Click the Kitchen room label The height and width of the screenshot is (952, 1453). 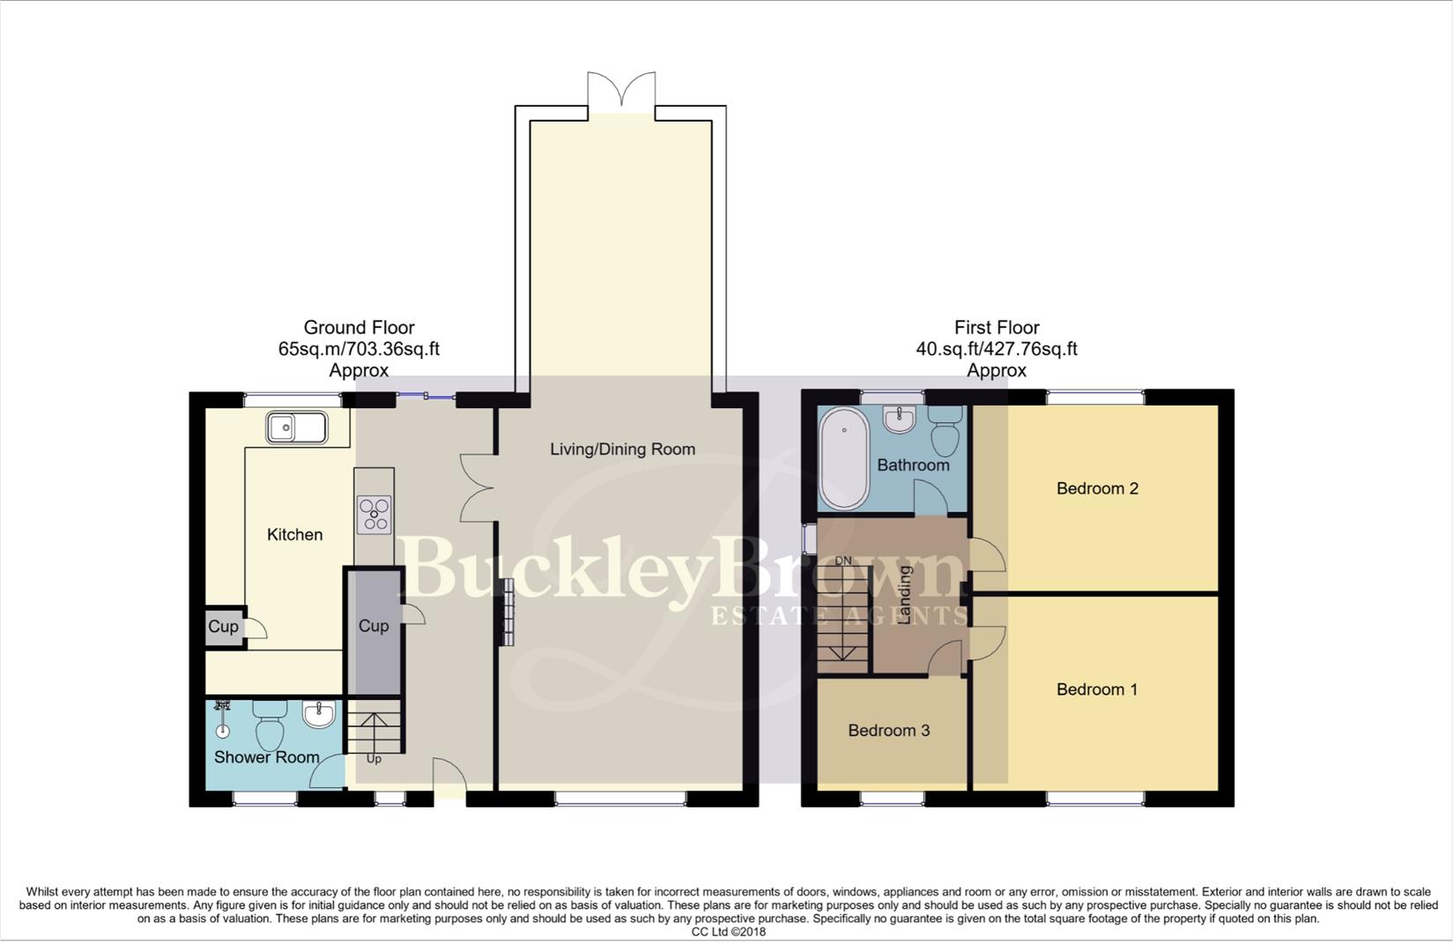(x=294, y=534)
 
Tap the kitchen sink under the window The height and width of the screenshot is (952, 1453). (x=296, y=429)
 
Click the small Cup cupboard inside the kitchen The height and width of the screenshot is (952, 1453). (x=223, y=627)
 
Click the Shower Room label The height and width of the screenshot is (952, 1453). (x=266, y=757)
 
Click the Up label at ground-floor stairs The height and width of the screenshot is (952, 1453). (x=374, y=759)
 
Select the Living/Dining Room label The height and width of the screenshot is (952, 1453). (x=622, y=450)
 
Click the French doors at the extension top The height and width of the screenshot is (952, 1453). (x=621, y=92)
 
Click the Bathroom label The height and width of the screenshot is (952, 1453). (x=913, y=465)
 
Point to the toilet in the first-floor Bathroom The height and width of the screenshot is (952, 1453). (x=946, y=429)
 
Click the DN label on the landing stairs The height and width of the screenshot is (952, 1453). (x=843, y=561)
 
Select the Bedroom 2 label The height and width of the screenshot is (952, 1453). (x=1097, y=488)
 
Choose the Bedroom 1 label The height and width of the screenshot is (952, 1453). (x=1097, y=689)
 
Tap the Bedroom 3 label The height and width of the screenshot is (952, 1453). (x=888, y=730)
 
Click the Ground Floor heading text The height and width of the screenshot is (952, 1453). (x=359, y=328)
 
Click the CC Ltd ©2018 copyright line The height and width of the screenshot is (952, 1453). (x=728, y=932)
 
